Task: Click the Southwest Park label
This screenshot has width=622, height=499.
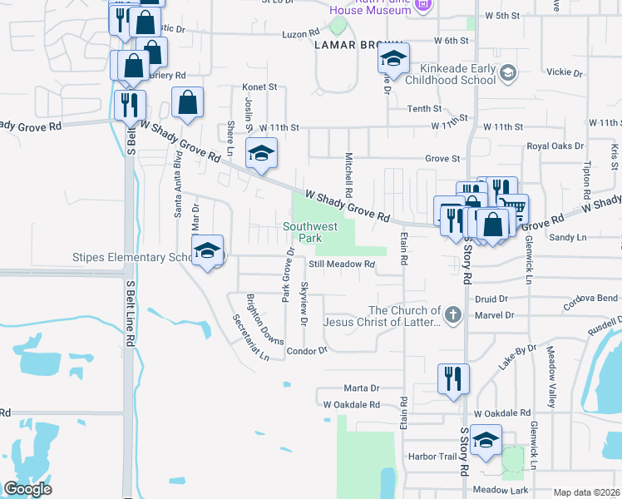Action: pyautogui.click(x=311, y=232)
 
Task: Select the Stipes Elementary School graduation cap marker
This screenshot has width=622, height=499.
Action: pyautogui.click(x=207, y=251)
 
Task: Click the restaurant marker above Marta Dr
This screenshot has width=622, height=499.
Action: pyautogui.click(x=453, y=378)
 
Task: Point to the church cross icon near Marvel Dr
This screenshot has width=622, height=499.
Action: pyautogui.click(x=452, y=314)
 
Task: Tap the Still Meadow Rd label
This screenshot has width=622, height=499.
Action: pyautogui.click(x=343, y=264)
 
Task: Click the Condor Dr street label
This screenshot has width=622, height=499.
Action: pyautogui.click(x=307, y=351)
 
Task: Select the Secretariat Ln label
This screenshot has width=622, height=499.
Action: pyautogui.click(x=251, y=337)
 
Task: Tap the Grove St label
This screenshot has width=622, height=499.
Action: pyautogui.click(x=442, y=158)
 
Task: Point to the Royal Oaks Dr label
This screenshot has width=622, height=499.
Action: pyautogui.click(x=555, y=146)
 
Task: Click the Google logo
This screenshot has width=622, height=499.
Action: pyautogui.click(x=27, y=489)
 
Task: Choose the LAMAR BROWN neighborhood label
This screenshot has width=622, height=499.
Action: pyautogui.click(x=358, y=47)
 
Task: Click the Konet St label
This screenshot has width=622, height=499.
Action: pyautogui.click(x=259, y=86)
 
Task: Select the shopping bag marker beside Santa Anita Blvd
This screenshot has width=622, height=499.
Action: pyautogui.click(x=188, y=103)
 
